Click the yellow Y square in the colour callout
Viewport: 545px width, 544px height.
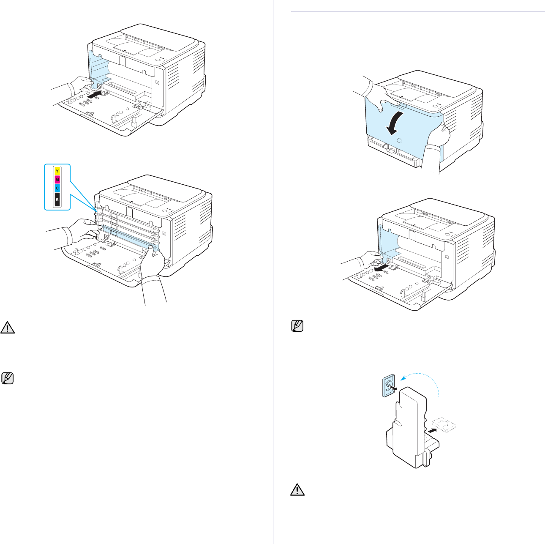(57, 171)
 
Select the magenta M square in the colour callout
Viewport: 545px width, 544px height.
(57, 179)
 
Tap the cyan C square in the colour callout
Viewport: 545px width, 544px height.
(57, 188)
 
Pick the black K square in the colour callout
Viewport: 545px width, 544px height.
(57, 199)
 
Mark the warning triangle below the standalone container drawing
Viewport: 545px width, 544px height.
(298, 489)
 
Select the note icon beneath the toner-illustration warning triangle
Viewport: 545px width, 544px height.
(8, 378)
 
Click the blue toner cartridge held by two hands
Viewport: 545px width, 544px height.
(127, 238)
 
